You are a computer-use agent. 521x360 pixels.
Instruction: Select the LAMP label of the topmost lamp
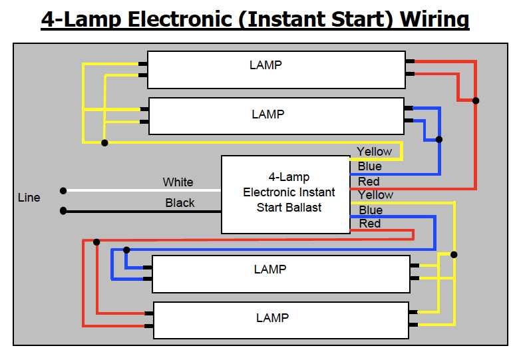coord(265,65)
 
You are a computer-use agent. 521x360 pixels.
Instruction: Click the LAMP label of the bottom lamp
coord(272,318)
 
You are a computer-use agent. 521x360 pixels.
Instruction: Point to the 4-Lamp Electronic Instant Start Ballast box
coord(285,194)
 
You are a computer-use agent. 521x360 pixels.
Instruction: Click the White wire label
coord(178,182)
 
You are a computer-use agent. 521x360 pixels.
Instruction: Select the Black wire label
coord(180,203)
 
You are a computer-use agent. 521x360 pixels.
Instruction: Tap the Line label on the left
coord(29,198)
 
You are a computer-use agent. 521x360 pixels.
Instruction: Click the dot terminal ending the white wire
coord(63,191)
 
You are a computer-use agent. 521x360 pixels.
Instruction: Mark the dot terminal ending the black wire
coord(63,211)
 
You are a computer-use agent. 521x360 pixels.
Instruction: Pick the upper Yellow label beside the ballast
coord(375,152)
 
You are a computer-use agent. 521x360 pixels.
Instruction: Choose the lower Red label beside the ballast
coord(370,224)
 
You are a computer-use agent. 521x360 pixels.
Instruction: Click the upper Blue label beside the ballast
coord(370,167)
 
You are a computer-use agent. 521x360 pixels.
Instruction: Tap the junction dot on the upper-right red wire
coord(476,101)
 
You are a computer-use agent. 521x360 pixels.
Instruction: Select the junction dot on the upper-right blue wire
coord(438,140)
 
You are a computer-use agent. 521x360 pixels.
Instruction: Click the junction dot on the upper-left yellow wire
coord(104,142)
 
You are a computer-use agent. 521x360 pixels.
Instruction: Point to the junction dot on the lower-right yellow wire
coord(454,254)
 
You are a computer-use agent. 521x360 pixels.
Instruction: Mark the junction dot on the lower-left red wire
coord(97,242)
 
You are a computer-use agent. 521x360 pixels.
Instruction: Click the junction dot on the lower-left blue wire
coord(126,250)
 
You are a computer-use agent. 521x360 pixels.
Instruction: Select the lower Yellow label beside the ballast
coord(376,195)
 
